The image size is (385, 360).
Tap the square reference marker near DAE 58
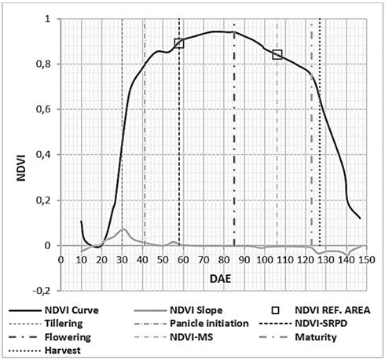point(179,43)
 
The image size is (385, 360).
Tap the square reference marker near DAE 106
point(277,54)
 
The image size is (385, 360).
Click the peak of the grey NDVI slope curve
point(123,230)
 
